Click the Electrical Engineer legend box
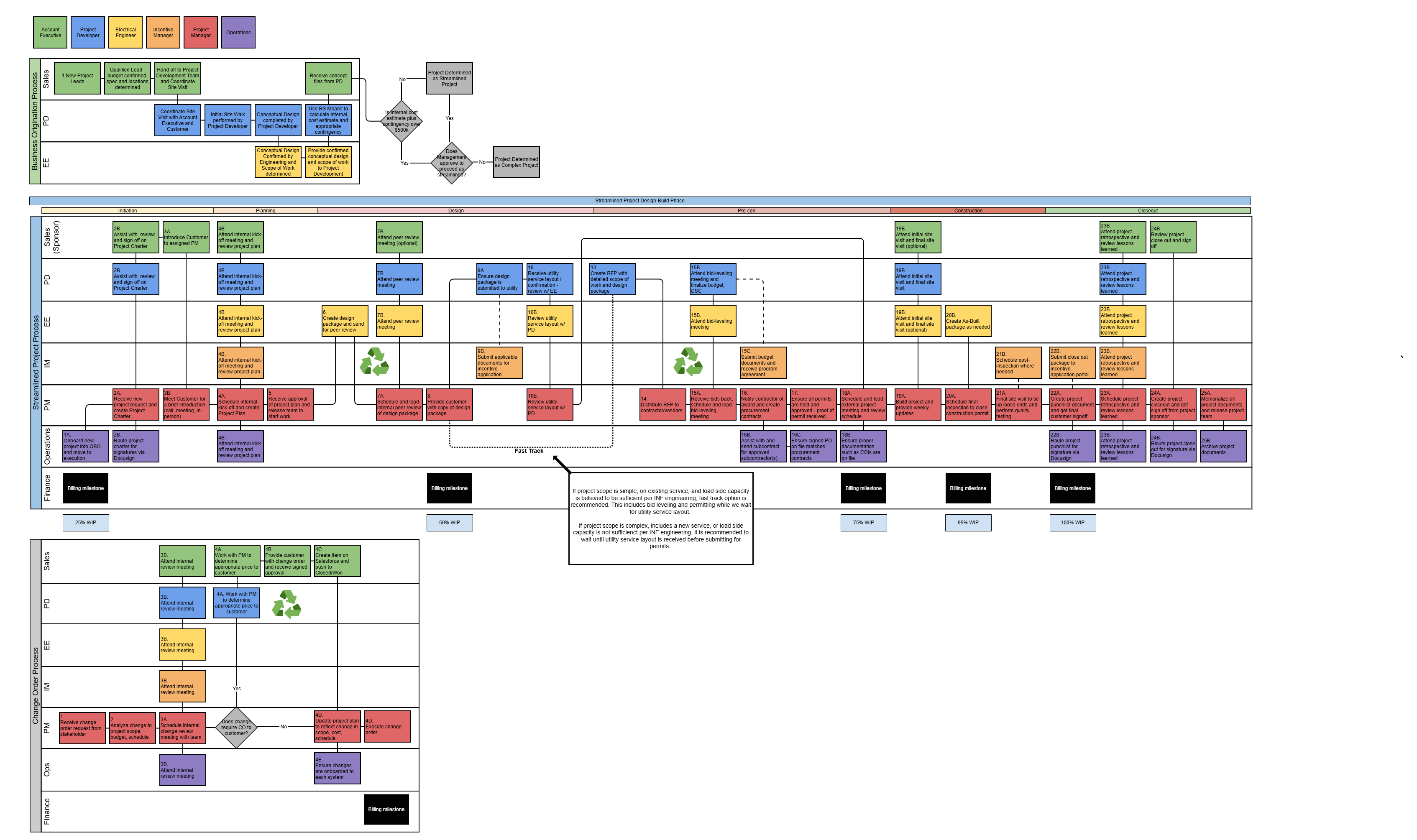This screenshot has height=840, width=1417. click(125, 32)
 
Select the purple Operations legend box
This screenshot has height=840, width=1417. click(238, 32)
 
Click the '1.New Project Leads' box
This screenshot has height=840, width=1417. click(77, 78)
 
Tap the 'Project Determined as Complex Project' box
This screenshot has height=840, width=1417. click(516, 162)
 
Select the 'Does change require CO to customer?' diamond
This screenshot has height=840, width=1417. click(236, 727)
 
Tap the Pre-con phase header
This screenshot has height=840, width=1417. click(746, 211)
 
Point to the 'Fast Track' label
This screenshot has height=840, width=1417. click(528, 451)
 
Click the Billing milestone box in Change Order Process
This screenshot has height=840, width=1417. click(386, 809)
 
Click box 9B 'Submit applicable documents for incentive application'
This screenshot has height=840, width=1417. click(499, 362)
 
